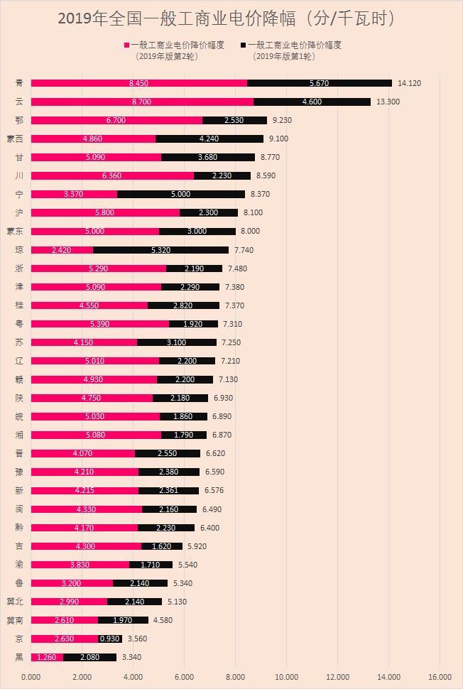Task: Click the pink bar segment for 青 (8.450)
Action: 139,83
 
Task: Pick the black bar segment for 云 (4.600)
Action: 312,102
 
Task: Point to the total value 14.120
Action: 409,83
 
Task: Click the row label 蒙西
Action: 15,139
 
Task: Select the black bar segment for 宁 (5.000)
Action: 180,194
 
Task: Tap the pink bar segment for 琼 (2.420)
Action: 62,249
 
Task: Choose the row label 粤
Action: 19,323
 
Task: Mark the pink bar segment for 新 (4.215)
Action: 85,490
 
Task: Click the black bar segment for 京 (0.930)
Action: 110,638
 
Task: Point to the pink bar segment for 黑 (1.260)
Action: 47,656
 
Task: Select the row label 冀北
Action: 15,601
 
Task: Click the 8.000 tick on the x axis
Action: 236,676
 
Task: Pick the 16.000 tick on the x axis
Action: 440,676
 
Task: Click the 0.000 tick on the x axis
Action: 31,676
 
